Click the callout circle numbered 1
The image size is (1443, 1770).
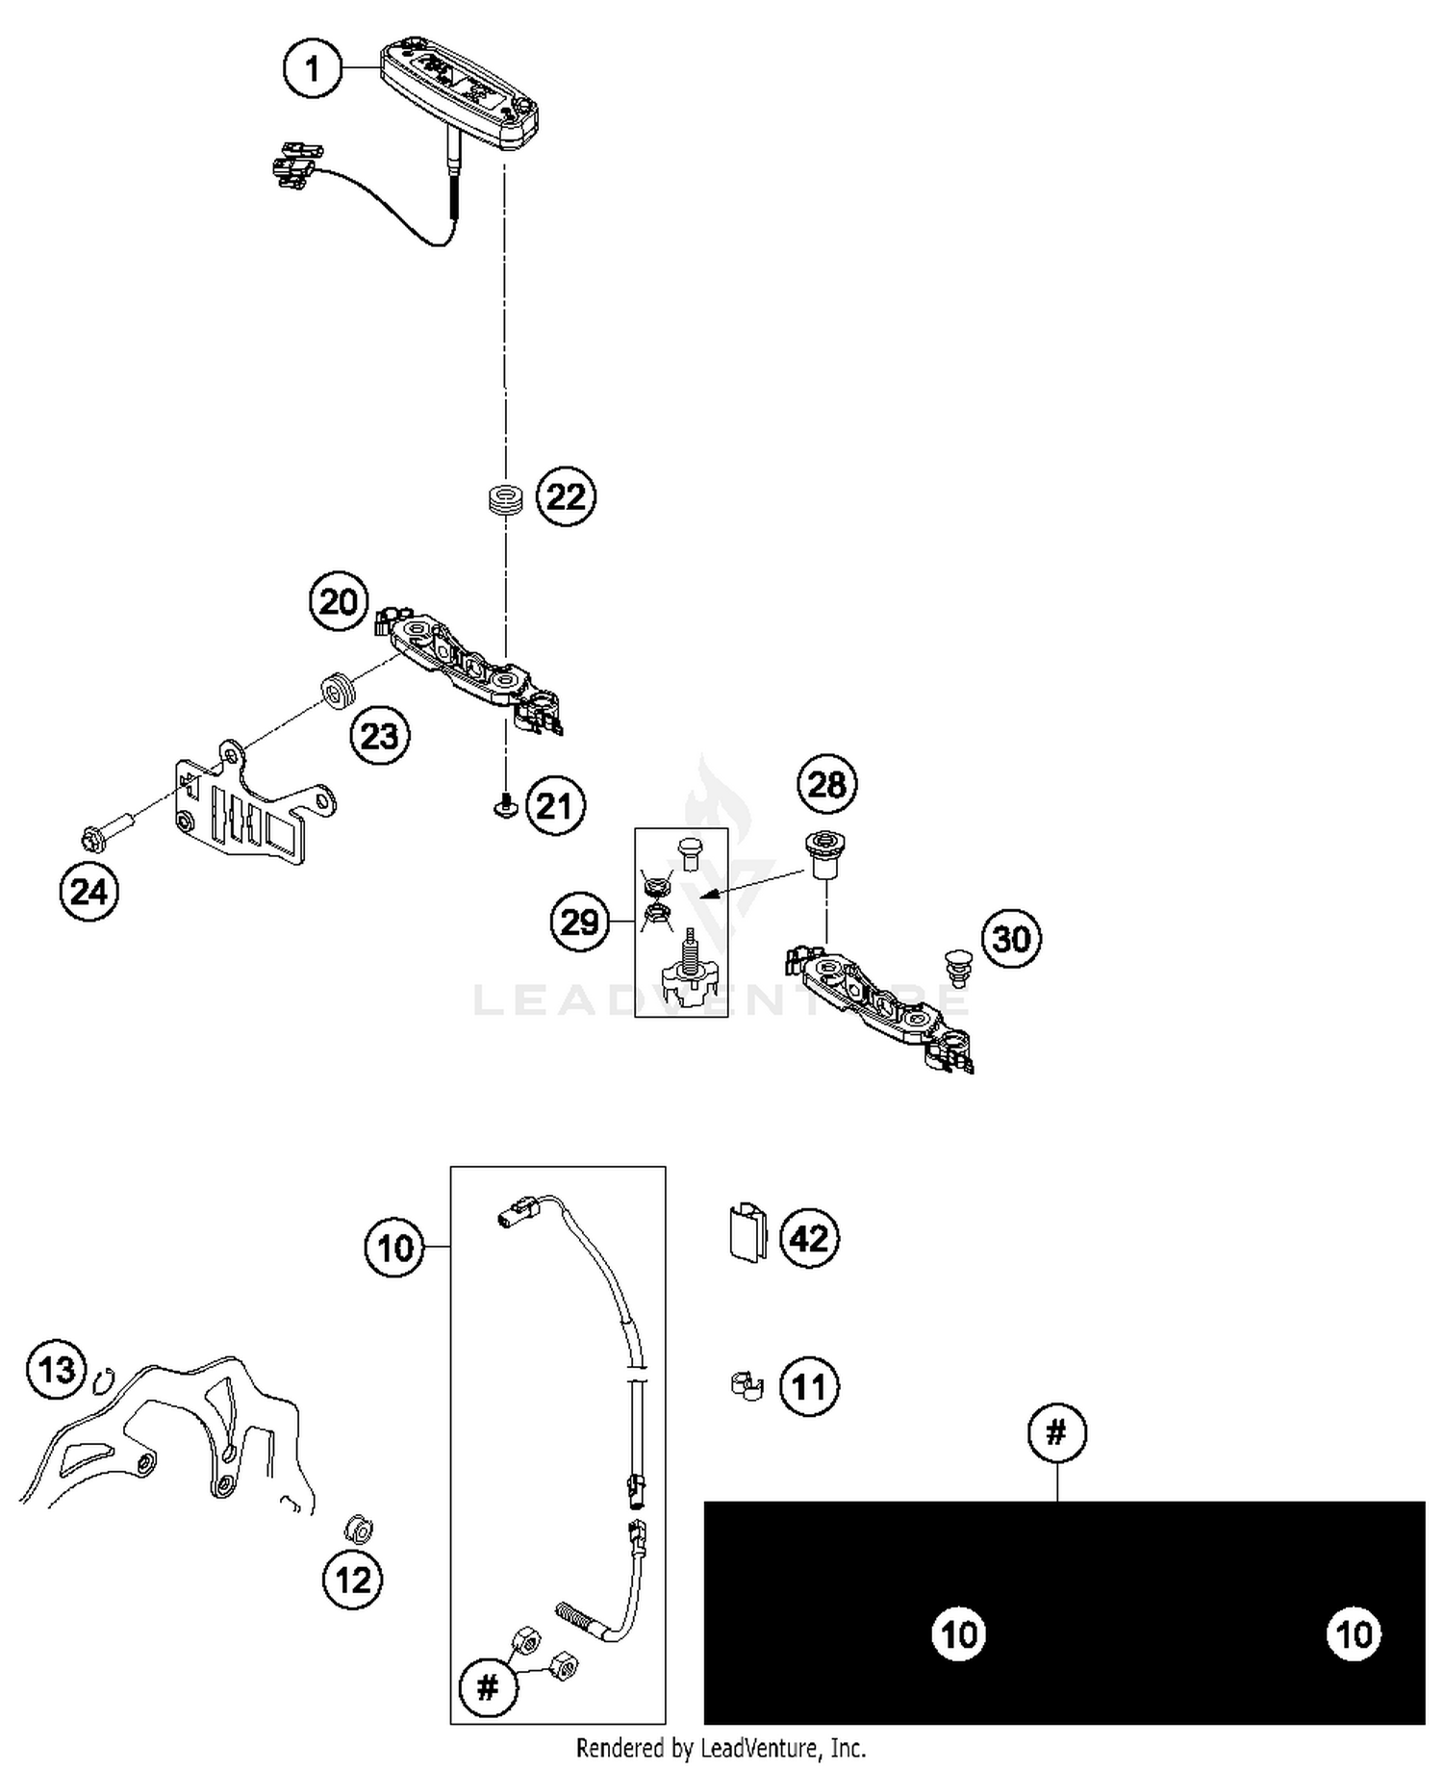pos(312,69)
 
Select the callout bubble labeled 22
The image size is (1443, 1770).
pos(566,496)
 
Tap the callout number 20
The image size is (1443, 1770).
pos(339,602)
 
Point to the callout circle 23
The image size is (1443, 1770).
pos(379,736)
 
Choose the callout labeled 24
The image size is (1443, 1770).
pos(89,892)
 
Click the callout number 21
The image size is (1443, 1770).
pos(554,806)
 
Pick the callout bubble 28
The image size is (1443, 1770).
pos(826,785)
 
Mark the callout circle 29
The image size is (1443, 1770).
pos(580,923)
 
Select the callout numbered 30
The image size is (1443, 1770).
pos(1011,938)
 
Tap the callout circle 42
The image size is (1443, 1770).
pos(809,1238)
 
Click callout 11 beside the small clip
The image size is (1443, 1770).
pos(809,1387)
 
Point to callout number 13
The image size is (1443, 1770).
pos(57,1369)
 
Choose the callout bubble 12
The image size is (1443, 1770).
pos(352,1580)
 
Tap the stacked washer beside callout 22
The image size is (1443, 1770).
pos(504,501)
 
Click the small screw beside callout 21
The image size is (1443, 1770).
pos(502,808)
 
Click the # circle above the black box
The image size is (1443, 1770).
pos(1056,1433)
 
